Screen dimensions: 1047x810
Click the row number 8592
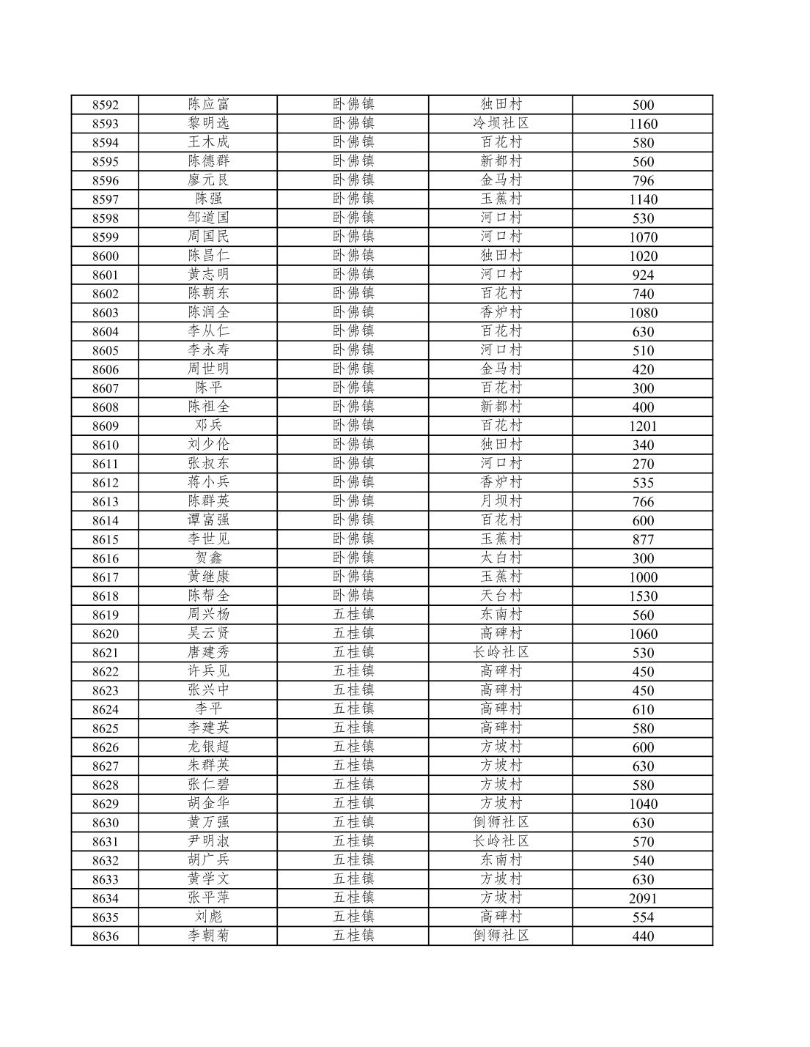[105, 105]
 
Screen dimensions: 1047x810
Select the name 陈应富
[208, 104]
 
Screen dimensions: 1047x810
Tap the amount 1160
[643, 124]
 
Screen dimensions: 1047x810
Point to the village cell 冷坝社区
[501, 123]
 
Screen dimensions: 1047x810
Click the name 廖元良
[208, 180]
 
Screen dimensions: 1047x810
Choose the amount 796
[643, 180]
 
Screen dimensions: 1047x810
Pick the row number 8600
[105, 256]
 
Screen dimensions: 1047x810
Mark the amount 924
[643, 275]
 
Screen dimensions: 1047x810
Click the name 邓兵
[208, 425]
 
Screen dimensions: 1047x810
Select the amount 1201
[643, 426]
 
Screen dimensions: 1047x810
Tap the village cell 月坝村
[501, 500]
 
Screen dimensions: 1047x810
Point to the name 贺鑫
[208, 558]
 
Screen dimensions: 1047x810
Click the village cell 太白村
[501, 558]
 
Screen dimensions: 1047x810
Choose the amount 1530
[643, 596]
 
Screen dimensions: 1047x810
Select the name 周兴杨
[208, 614]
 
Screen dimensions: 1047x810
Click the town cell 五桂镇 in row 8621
[353, 652]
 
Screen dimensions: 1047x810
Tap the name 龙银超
[208, 747]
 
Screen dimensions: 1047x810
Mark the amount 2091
[643, 898]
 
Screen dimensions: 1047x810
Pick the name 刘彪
[208, 917]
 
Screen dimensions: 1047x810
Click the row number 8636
[105, 936]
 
